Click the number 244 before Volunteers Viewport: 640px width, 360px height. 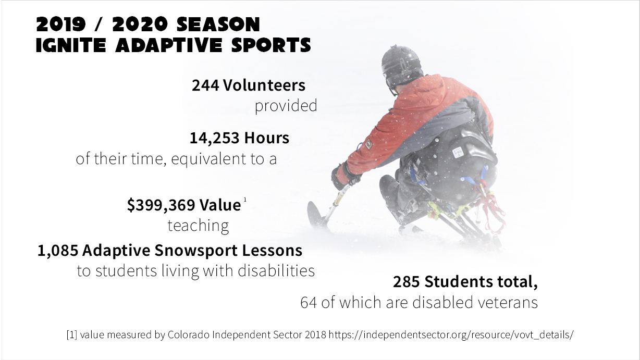pyautogui.click(x=205, y=85)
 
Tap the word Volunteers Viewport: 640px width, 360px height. pyautogui.click(x=264, y=85)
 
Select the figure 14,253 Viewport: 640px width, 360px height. pyautogui.click(x=215, y=138)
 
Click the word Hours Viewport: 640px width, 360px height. pyautogui.click(x=267, y=138)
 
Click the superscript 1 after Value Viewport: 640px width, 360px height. pyautogui.click(x=245, y=200)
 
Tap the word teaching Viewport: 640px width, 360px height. pyautogui.click(x=198, y=226)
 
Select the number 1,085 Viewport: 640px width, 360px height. pyautogui.click(x=58, y=251)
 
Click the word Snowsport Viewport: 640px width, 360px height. pyautogui.click(x=196, y=251)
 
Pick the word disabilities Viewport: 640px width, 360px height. pyautogui.click(x=276, y=270)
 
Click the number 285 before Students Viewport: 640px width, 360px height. pyautogui.click(x=407, y=282)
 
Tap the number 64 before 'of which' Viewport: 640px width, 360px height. pyautogui.click(x=309, y=303)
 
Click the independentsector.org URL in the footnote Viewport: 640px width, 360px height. pyautogui.click(x=451, y=334)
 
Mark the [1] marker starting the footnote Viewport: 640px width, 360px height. pyautogui.click(x=72, y=334)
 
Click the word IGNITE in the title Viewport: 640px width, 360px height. pyautogui.click(x=71, y=45)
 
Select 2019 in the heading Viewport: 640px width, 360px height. pyautogui.click(x=61, y=24)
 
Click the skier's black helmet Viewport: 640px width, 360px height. pyautogui.click(x=401, y=64)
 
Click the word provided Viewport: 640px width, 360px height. pyautogui.click(x=286, y=106)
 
